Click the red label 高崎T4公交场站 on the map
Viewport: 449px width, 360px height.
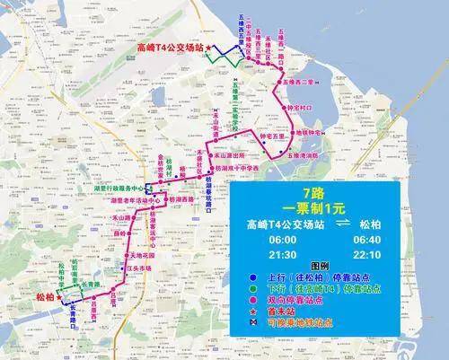pyautogui.click(x=169, y=48)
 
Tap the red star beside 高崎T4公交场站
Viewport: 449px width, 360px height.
pyautogui.click(x=209, y=48)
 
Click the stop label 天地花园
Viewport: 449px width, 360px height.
pyautogui.click(x=135, y=255)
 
